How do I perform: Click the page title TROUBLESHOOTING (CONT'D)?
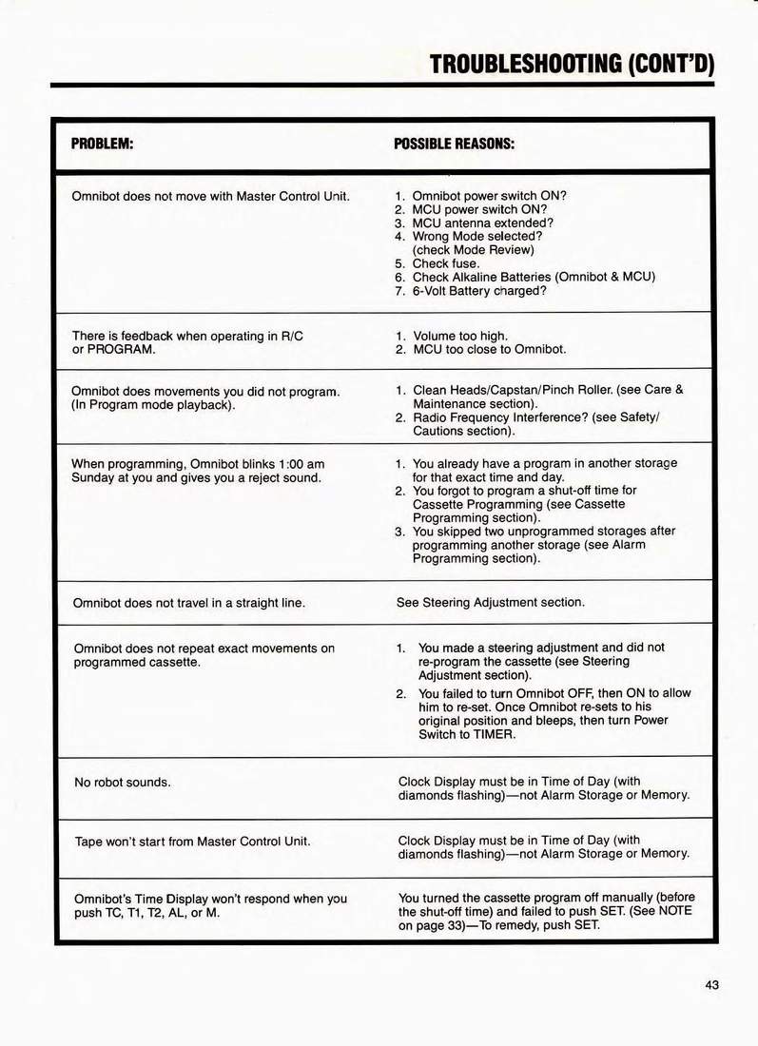571,64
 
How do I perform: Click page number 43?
711,984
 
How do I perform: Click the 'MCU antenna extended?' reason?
482,223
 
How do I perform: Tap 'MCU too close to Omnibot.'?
489,349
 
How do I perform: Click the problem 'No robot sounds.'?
122,783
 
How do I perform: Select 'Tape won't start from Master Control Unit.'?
192,842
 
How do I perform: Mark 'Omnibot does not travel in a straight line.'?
189,603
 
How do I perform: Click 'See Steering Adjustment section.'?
490,602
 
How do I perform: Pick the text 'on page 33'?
431,924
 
